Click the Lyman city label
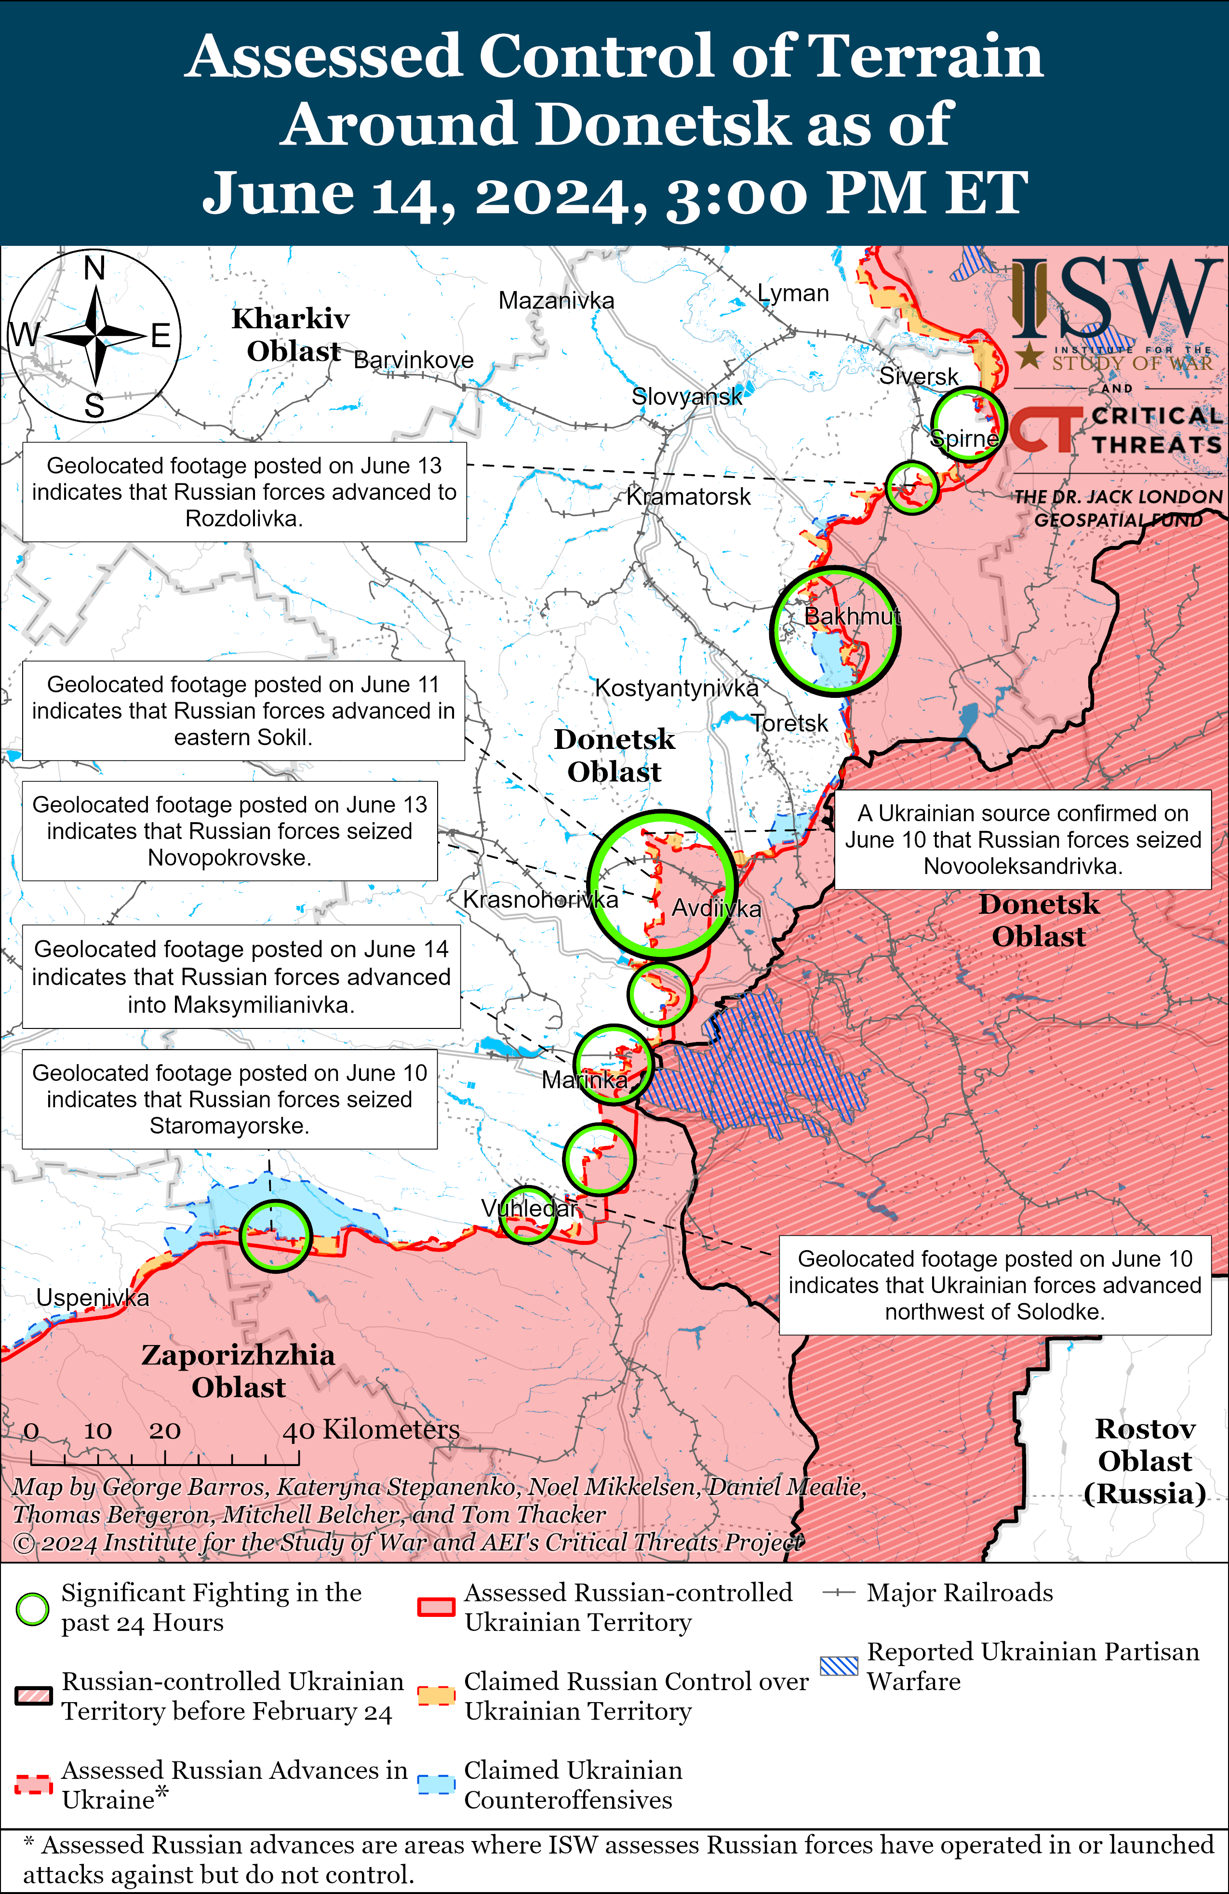pos(793,293)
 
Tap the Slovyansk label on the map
pos(686,396)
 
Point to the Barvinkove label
pos(413,360)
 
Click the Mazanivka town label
pos(556,301)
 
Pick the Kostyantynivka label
pos(677,688)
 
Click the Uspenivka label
pos(93,1298)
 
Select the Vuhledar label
pos(529,1208)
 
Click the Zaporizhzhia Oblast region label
pos(238,1370)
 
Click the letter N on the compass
pos(95,268)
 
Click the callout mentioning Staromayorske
pos(229,1099)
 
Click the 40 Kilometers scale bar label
pos(371,1430)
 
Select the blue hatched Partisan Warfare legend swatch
pos(839,1666)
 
